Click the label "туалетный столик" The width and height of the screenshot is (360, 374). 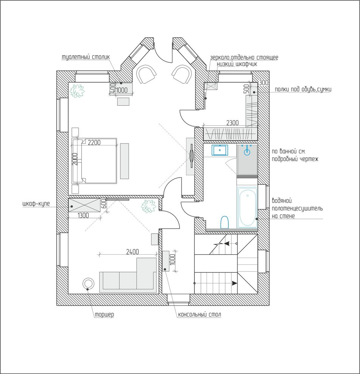click(x=86, y=57)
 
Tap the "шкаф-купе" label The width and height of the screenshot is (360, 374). click(x=36, y=204)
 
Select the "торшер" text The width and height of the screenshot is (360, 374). click(x=104, y=314)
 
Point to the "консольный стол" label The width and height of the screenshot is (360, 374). click(x=200, y=314)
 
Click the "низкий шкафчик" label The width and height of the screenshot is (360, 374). click(x=237, y=64)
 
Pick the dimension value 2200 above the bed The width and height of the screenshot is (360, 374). click(x=94, y=142)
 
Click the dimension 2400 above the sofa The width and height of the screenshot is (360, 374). click(x=132, y=251)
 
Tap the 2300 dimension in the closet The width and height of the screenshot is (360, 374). click(x=232, y=123)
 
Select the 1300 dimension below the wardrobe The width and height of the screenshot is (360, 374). click(x=83, y=215)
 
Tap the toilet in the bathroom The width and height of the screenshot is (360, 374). click(x=225, y=222)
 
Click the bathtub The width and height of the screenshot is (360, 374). click(x=247, y=207)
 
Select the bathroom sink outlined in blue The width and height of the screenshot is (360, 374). click(x=220, y=150)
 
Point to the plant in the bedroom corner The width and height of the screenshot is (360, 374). click(x=77, y=91)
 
